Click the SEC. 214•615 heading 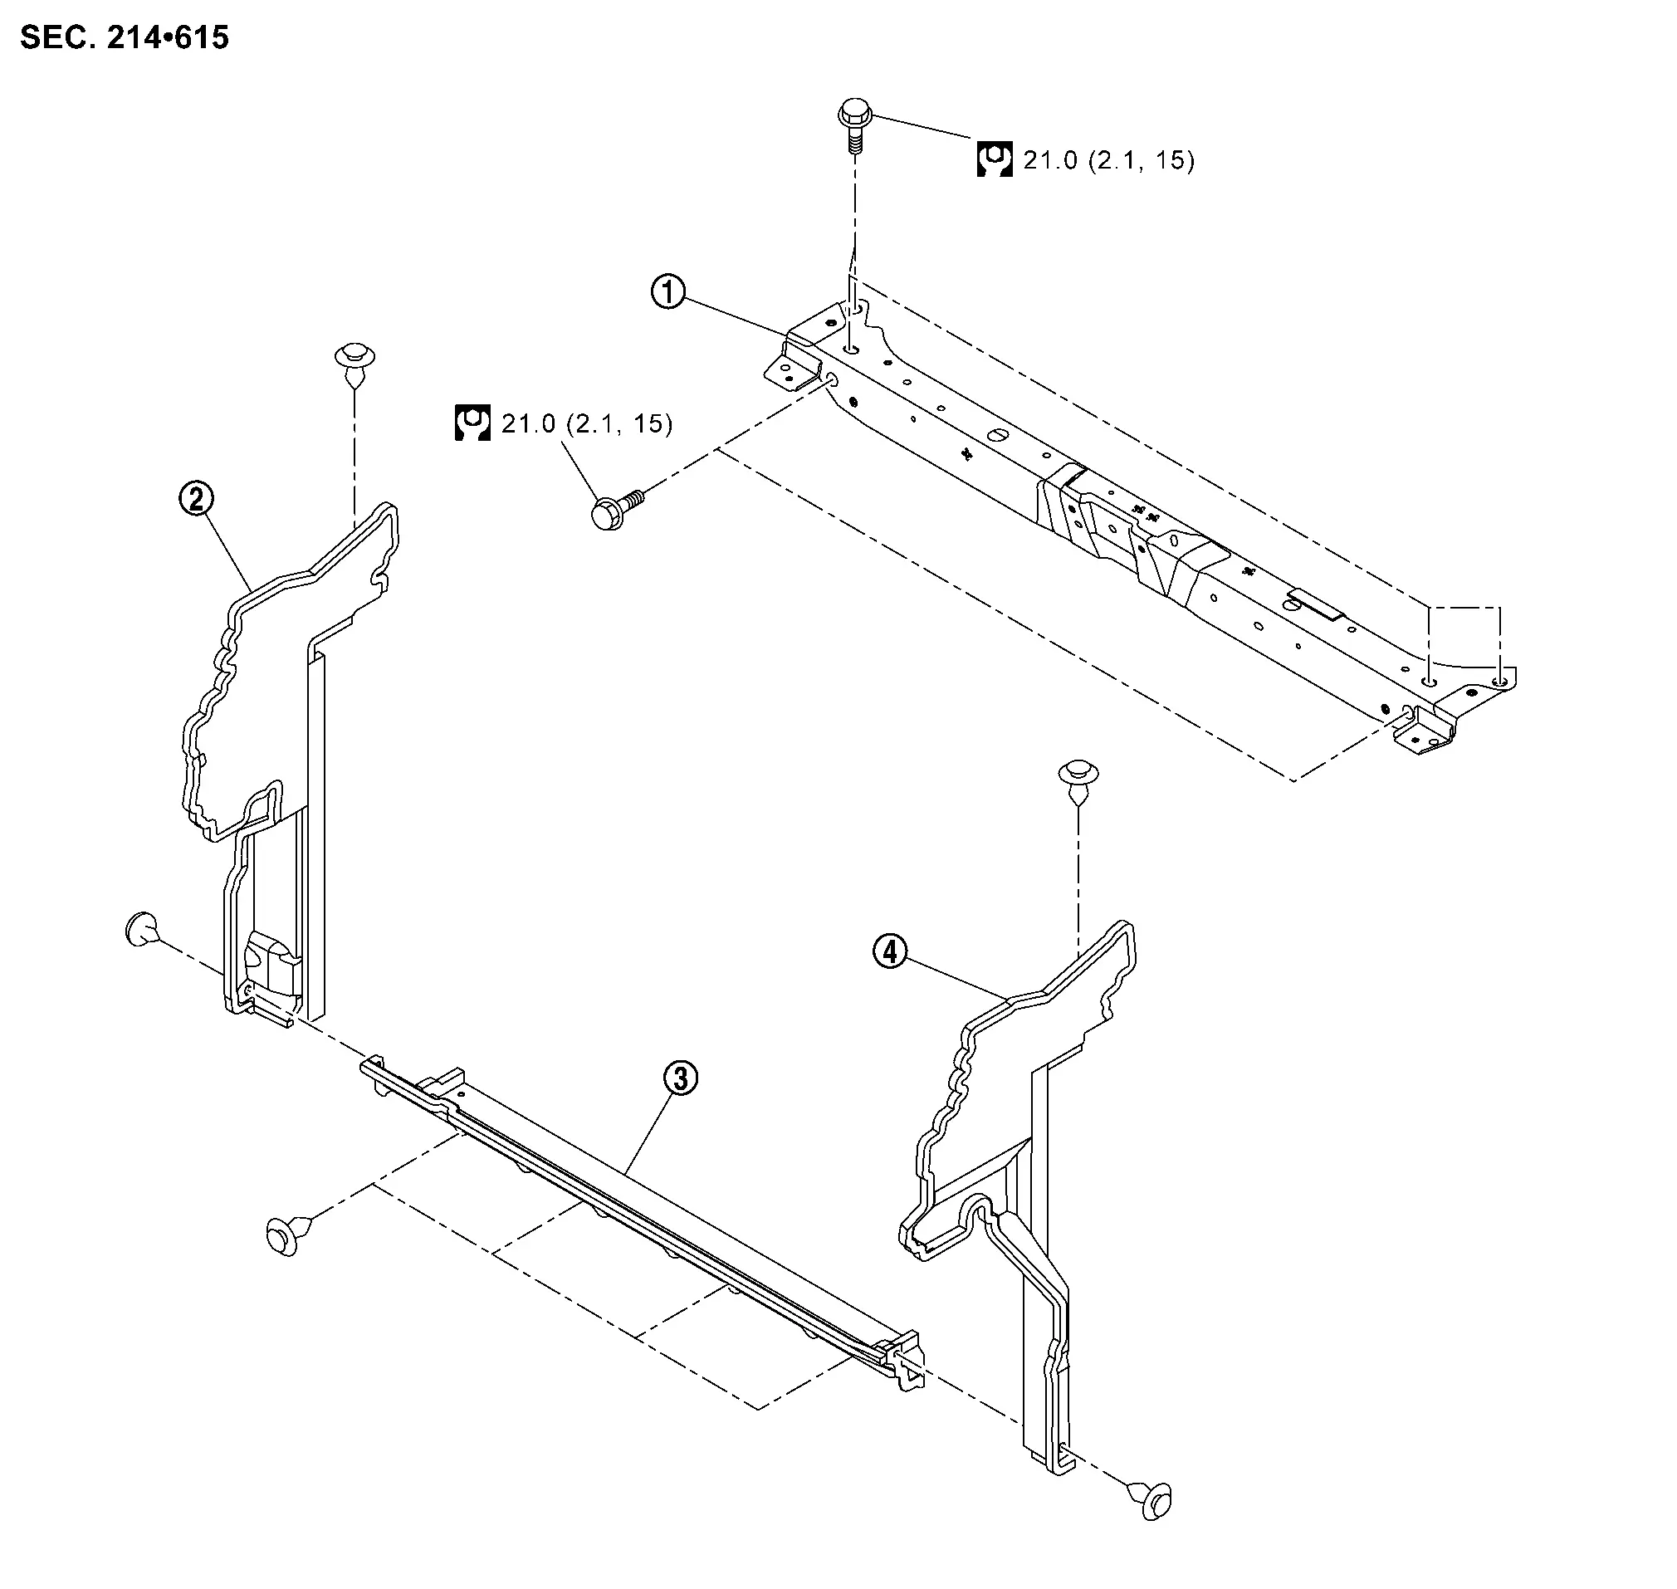[125, 37]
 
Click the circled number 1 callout [668, 293]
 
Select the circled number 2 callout [197, 499]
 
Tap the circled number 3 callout [681, 1078]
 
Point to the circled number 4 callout [889, 953]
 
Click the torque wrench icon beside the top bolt [995, 159]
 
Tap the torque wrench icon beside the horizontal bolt [472, 423]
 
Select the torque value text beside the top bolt [1108, 160]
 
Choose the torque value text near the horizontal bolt [587, 423]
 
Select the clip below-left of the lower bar [284, 1236]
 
